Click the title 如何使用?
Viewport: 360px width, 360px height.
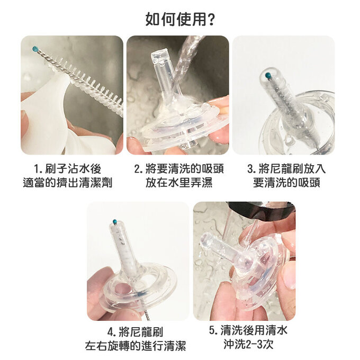179,20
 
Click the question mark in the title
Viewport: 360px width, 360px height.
211,20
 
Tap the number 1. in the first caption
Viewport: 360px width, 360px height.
38,169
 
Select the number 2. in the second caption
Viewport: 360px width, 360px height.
138,169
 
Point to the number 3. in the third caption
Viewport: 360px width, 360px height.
252,169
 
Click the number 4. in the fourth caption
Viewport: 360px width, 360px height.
112,332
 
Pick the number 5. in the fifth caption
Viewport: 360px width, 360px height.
213,331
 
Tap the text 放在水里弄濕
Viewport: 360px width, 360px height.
178,183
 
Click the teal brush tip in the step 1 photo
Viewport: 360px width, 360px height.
35,49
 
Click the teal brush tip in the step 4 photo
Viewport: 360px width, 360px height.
115,221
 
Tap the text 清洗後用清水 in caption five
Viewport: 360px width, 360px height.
254,331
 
